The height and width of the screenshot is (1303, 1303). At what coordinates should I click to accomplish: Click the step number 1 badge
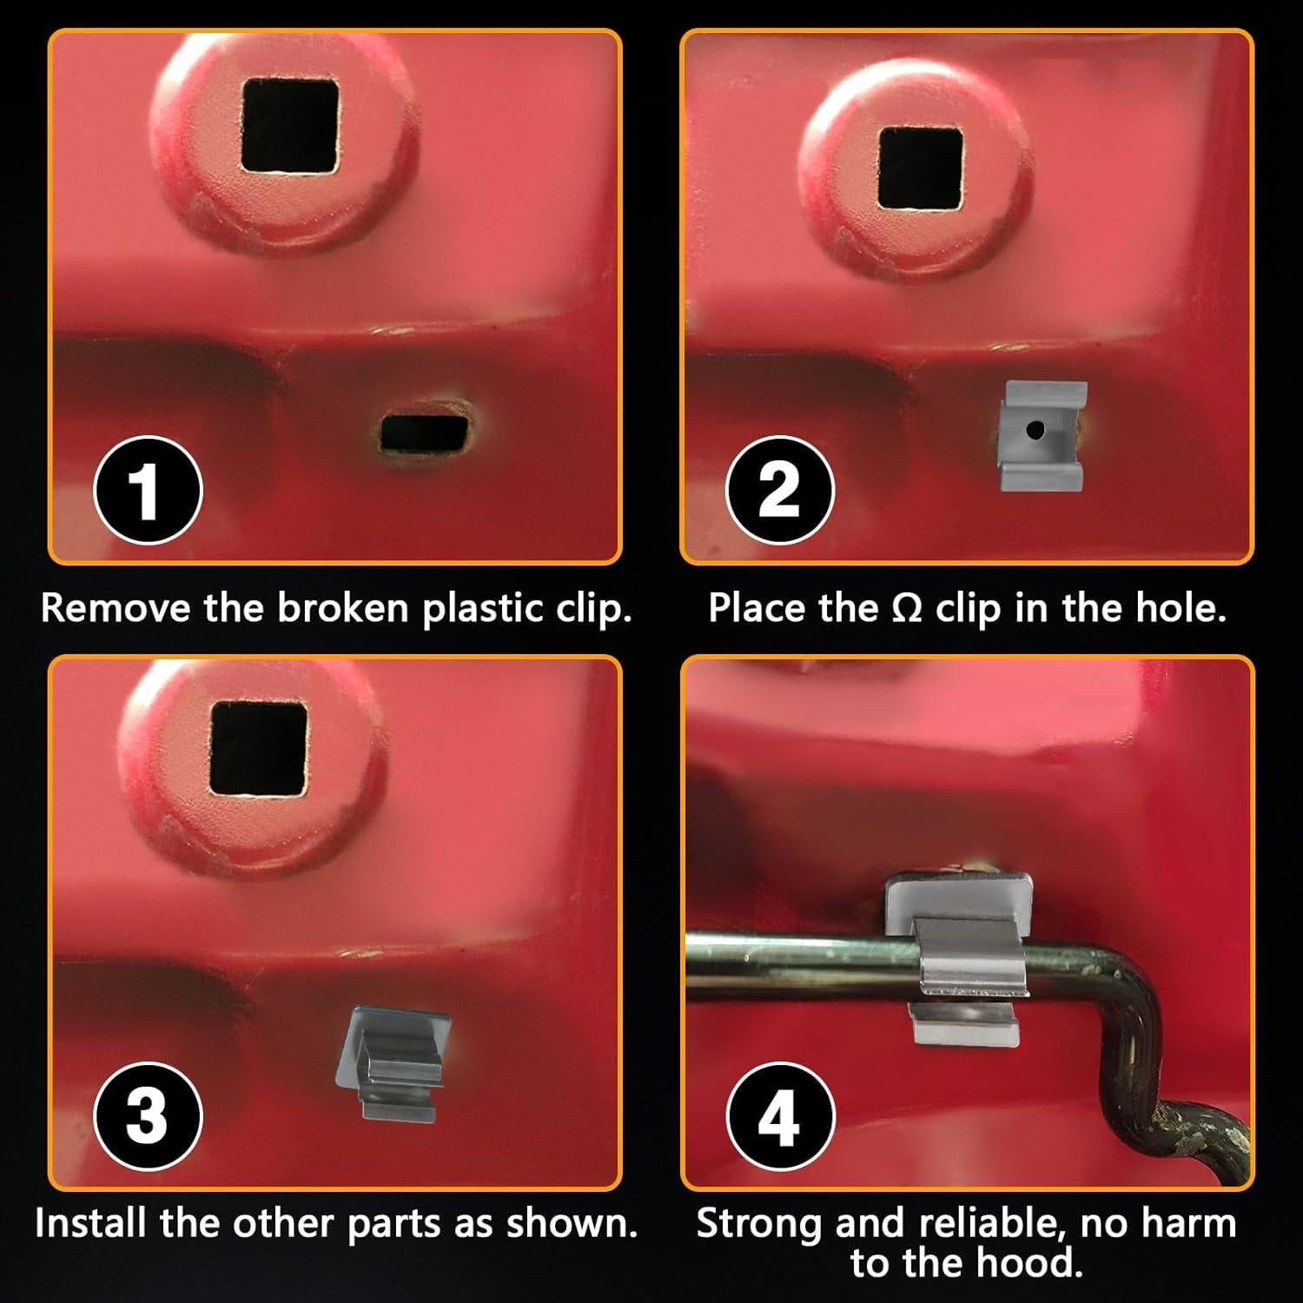tap(148, 489)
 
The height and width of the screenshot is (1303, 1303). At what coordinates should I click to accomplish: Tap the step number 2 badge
tap(779, 489)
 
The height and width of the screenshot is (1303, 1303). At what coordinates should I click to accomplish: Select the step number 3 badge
tap(148, 1115)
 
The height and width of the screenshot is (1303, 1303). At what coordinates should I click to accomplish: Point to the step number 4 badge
tap(779, 1115)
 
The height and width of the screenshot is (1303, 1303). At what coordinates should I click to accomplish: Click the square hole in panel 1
tap(289, 125)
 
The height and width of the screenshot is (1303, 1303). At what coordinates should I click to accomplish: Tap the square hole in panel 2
tap(921, 169)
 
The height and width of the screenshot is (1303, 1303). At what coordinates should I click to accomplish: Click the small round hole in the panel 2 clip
tap(1035, 429)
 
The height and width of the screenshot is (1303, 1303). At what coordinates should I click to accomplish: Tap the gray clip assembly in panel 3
tap(392, 1062)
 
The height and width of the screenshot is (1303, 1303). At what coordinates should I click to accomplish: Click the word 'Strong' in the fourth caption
tap(758, 1224)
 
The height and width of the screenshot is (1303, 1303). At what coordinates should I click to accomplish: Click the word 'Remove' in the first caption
tap(116, 608)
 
